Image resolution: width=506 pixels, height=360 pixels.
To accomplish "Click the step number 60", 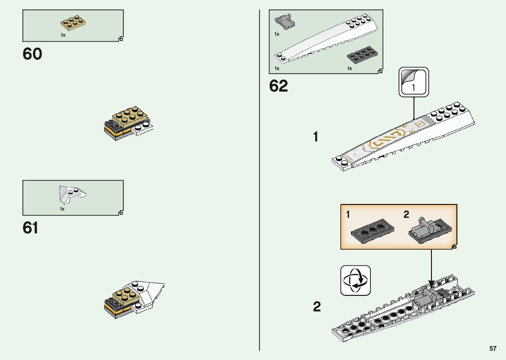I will click(32, 54).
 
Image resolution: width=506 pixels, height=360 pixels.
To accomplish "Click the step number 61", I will click(30, 228).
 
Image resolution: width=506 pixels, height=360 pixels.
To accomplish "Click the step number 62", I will click(278, 86).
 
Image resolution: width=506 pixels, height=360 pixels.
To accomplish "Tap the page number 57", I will click(493, 348).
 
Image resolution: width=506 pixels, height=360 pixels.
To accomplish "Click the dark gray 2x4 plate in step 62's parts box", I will click(362, 55).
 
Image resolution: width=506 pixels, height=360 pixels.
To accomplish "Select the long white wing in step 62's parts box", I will click(327, 38).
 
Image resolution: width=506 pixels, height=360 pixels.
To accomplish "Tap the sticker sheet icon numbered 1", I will click(413, 82).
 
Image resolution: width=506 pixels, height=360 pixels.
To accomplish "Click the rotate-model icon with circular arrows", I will click(355, 280).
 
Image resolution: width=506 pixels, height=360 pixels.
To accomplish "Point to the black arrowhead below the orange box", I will click(431, 284).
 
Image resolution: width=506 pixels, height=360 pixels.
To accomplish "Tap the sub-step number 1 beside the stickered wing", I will click(316, 137).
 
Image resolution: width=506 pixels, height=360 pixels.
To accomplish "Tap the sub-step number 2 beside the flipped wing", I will click(317, 306).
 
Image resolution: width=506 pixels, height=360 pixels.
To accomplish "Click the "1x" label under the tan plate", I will click(63, 35).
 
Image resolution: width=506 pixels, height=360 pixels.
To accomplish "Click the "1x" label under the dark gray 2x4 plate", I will click(349, 68).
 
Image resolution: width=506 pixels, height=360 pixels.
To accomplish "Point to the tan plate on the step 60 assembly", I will click(130, 116).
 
